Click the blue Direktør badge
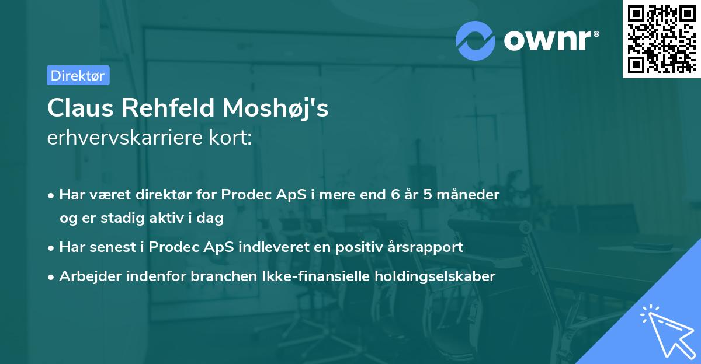coord(78,75)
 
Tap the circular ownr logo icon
coord(475,41)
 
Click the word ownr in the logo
coord(547,40)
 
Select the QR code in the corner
coord(662,38)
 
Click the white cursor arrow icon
coord(668,332)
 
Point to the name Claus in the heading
coord(81,108)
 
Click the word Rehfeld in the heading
coord(168,108)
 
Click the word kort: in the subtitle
coord(230,138)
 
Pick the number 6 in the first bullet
coord(395,195)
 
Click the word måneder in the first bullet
coord(468,195)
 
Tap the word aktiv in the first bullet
coord(166,218)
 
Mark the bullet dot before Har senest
coord(51,249)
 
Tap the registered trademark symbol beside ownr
coord(596,34)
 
